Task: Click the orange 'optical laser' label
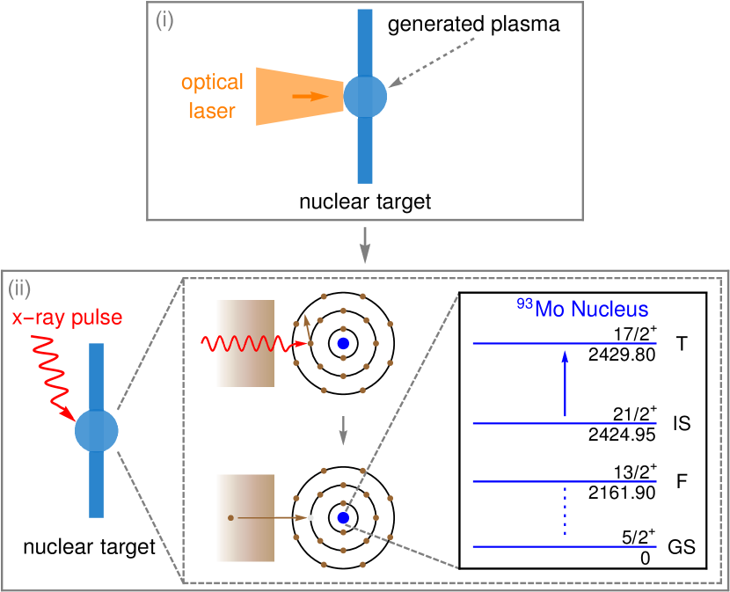[x=212, y=97]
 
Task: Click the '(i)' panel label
[x=164, y=20]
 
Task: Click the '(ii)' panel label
[x=20, y=288]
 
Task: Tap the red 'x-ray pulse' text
[x=68, y=317]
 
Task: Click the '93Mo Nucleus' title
[x=582, y=309]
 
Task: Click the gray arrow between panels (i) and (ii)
[x=365, y=245]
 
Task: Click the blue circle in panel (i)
[x=365, y=96]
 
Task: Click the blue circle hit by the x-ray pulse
[x=96, y=430]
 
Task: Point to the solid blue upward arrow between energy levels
[x=565, y=383]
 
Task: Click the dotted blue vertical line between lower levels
[x=565, y=513]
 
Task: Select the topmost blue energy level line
[x=565, y=343]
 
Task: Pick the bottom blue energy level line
[x=565, y=546]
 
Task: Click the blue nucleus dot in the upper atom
[x=343, y=343]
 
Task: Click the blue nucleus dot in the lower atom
[x=343, y=518]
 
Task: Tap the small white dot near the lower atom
[x=310, y=518]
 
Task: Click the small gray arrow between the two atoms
[x=343, y=430]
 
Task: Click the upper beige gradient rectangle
[x=245, y=343]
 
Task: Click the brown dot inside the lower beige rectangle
[x=230, y=518]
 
